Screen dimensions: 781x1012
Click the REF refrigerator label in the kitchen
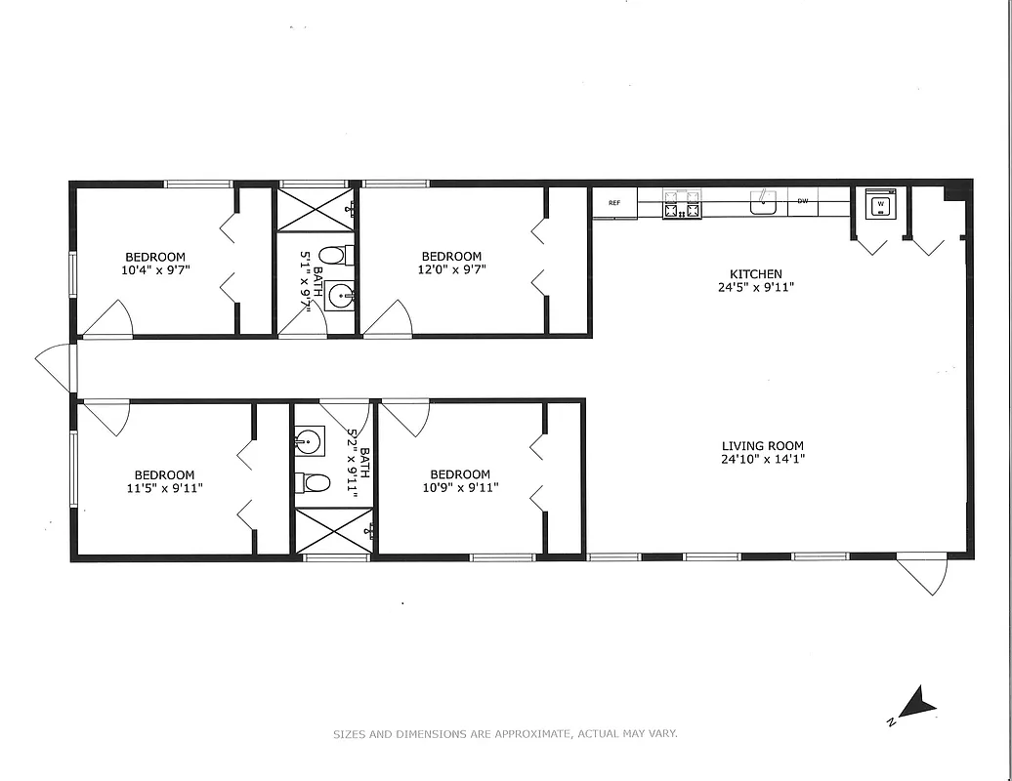[x=614, y=203]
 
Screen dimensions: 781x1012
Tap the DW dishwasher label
[x=803, y=202]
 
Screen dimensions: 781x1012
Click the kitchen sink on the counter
[x=763, y=203]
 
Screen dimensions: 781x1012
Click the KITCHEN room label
[x=756, y=274]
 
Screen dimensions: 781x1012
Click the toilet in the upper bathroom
[x=332, y=257]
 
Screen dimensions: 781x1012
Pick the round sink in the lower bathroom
[x=308, y=442]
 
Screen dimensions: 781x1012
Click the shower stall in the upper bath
[x=316, y=210]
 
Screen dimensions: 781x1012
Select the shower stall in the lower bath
[x=333, y=531]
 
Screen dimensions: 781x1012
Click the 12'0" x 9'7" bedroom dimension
[x=451, y=269]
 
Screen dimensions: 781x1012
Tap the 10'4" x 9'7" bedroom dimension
[x=155, y=269]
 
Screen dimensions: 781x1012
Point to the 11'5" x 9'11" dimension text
[x=165, y=488]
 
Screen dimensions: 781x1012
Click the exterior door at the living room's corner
[x=924, y=573]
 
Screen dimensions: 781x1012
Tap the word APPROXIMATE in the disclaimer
[x=533, y=734]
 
